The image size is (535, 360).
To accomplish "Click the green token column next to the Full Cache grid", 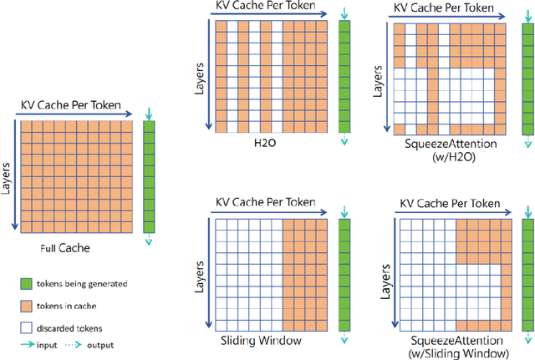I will (150, 176).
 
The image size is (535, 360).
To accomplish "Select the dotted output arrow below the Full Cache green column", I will (150, 241).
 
